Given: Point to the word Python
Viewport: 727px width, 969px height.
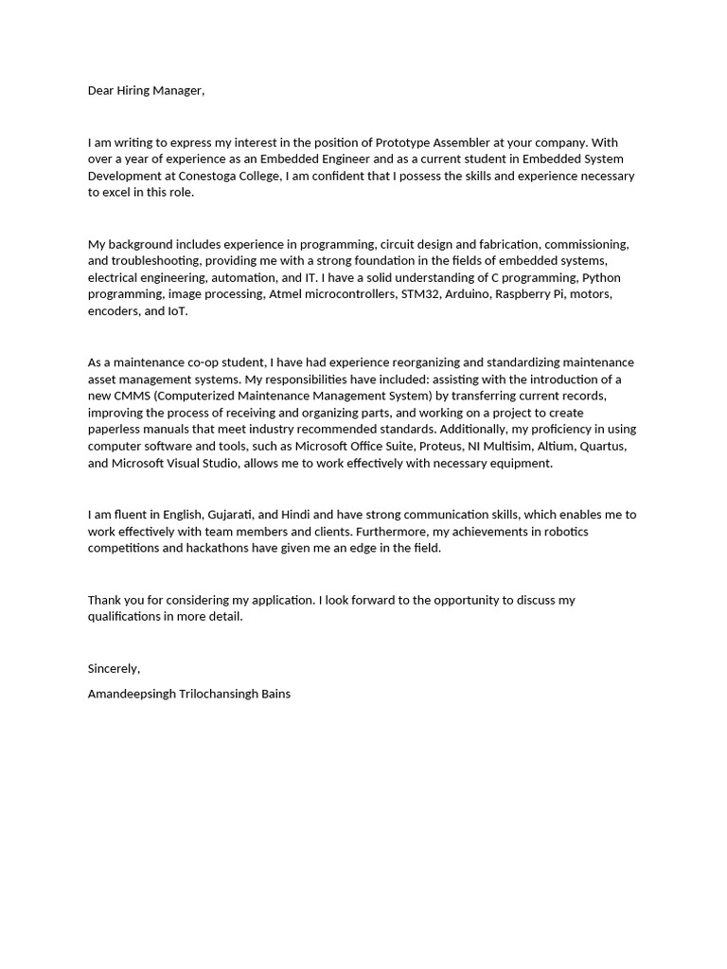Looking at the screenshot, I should pos(601,277).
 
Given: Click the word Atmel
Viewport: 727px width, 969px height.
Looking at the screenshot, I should pos(286,294).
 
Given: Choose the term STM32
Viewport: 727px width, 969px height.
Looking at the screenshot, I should pos(414,294).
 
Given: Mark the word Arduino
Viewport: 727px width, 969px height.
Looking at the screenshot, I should pos(469,294).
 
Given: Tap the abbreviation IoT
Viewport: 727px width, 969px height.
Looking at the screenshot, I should pos(177,311).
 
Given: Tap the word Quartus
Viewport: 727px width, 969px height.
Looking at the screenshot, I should pos(602,447).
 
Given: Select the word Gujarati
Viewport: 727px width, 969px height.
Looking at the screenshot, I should pos(224,515).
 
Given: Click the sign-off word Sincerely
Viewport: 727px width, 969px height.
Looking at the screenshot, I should pos(114,668).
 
